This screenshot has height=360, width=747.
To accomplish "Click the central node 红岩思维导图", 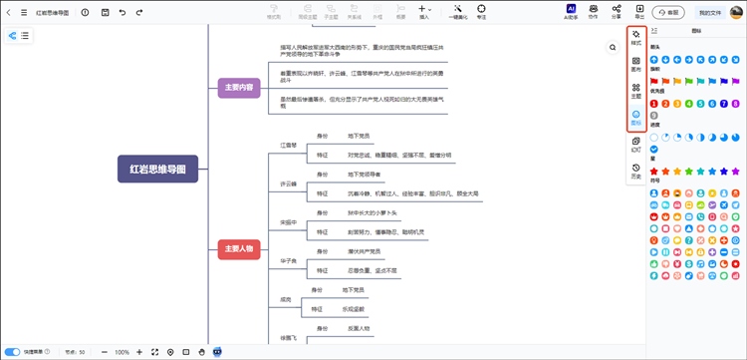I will pos(158,169).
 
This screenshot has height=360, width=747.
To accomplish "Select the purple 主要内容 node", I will pos(239,88).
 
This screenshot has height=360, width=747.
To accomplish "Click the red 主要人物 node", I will pos(239,248).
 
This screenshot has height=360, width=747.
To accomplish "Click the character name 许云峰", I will pos(289,184).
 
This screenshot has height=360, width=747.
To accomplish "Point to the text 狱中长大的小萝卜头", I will pos(372,212).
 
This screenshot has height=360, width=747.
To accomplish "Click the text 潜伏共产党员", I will pos(365,251).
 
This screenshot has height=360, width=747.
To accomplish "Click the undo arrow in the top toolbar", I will pos(124,13).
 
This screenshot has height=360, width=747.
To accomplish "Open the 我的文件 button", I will pos(710,13).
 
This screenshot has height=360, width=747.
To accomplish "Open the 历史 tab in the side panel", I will pos(635,174).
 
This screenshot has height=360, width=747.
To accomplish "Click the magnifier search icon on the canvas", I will pos(613,47).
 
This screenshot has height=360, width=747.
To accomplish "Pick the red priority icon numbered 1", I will pos(654,103).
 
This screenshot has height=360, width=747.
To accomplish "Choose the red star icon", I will pos(654,171).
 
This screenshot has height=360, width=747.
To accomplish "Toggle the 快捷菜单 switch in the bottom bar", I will pos(13,352).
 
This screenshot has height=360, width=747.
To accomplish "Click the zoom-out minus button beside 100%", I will pos(104,352).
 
